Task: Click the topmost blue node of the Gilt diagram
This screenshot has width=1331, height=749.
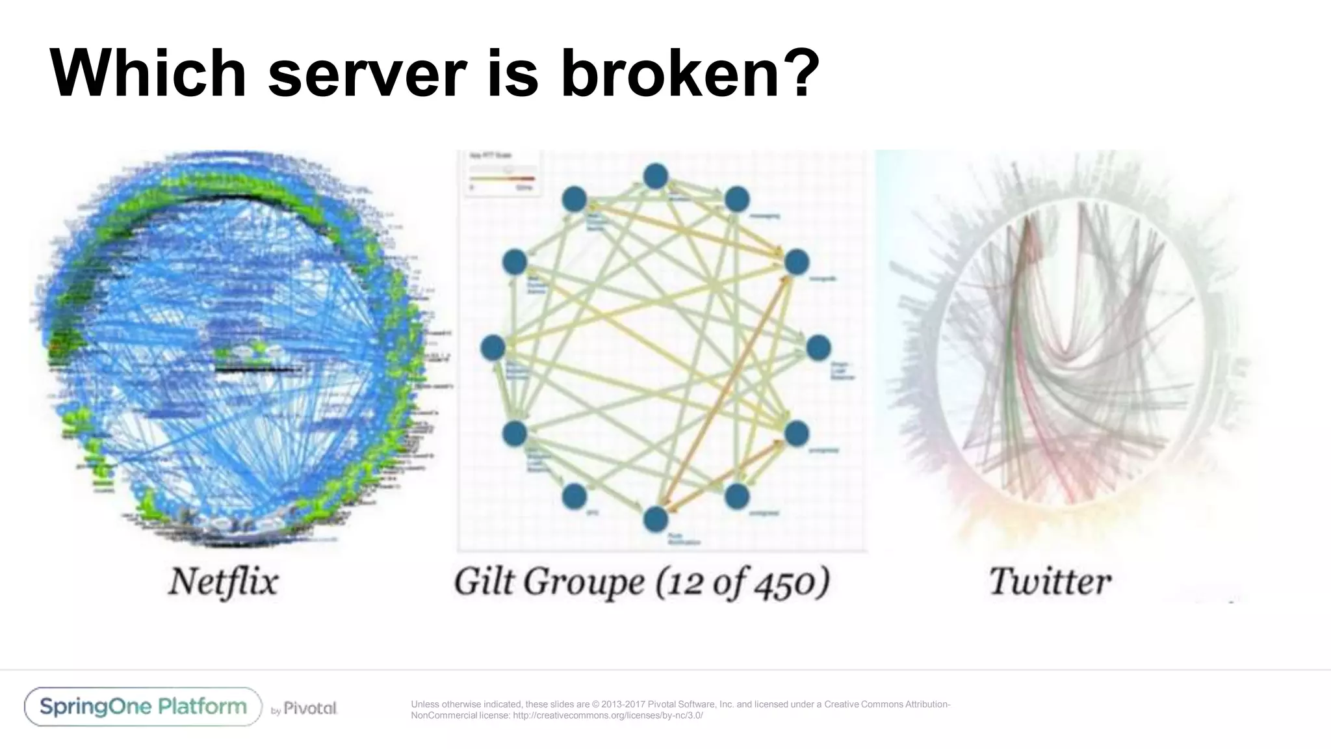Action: (x=655, y=176)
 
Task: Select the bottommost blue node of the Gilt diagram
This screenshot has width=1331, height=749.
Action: (x=655, y=519)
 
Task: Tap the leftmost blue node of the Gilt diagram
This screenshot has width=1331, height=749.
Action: (x=493, y=348)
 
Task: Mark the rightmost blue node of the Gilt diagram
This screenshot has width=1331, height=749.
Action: (x=818, y=348)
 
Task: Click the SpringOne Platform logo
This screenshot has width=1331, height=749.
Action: (x=143, y=707)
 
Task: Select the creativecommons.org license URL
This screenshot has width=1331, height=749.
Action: (x=608, y=716)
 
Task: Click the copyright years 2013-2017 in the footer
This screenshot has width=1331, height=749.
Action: (x=623, y=704)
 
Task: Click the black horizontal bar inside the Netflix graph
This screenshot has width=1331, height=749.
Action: (x=253, y=370)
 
